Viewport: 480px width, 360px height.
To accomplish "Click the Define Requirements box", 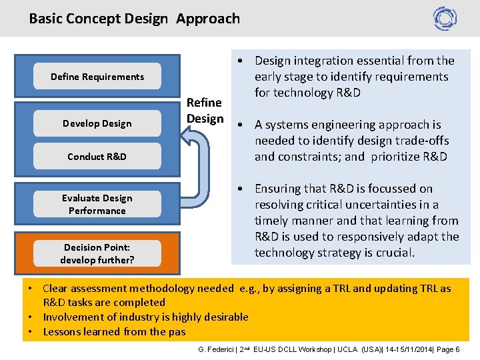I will coord(97,77).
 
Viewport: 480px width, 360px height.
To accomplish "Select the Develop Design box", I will coord(97,123).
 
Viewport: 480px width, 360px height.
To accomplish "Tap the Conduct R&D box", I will coord(97,157).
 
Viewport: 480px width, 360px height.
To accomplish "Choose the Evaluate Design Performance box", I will coord(97,204).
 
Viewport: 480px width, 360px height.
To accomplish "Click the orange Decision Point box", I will coord(97,253).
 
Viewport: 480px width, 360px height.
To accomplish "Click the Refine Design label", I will coord(205,111).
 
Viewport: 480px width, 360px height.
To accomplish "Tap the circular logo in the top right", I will coord(445,19).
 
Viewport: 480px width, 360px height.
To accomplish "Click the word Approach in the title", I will coord(208,19).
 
